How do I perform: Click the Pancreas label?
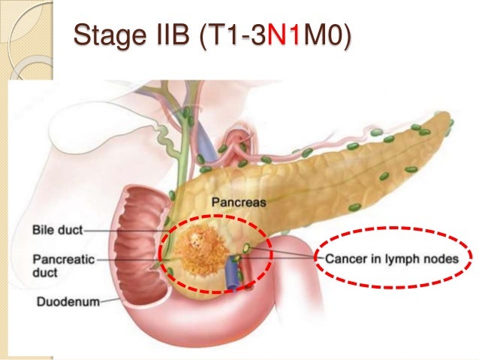point(238,202)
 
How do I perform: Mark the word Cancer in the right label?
point(345,258)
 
